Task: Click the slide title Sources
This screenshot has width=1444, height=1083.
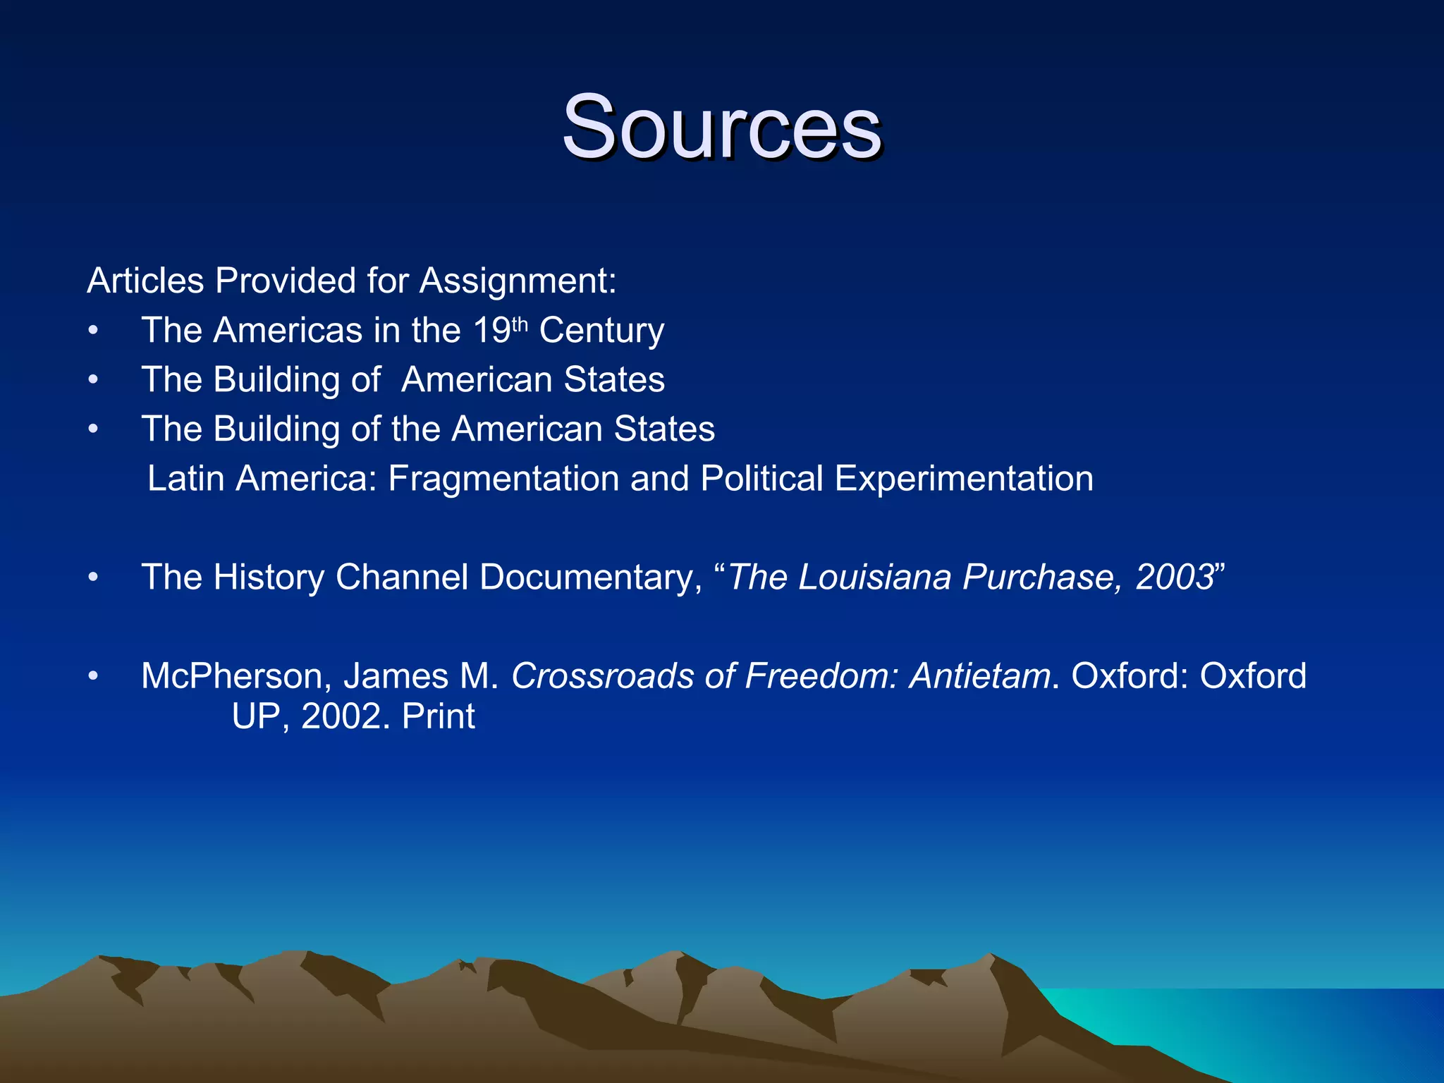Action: point(721,128)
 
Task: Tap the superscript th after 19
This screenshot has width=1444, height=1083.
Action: point(520,324)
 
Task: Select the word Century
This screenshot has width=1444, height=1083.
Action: point(601,331)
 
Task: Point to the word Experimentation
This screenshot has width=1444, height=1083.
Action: point(964,479)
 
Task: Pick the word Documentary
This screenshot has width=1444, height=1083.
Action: point(591,577)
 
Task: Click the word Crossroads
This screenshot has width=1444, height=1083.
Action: point(603,676)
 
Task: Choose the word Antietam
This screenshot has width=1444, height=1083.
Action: point(980,676)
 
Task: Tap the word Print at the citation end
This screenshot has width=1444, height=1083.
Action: point(438,717)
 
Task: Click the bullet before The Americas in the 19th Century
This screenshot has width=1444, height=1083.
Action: point(93,331)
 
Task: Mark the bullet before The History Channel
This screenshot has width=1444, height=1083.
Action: point(93,577)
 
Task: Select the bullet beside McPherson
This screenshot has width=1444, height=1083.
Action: point(93,676)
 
